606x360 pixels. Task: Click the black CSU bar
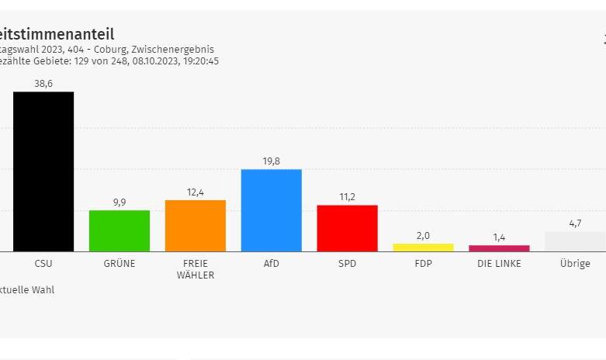[x=43, y=171]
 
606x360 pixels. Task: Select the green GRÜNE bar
[x=119, y=230]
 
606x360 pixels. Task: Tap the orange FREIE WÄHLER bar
[x=196, y=226]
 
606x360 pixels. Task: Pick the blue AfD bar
[x=272, y=210]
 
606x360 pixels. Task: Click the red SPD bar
[x=347, y=228]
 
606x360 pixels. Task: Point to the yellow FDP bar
[x=423, y=247]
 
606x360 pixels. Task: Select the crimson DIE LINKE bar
[x=499, y=248]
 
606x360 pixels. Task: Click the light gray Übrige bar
[x=575, y=241]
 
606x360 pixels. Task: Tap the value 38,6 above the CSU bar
[x=43, y=84]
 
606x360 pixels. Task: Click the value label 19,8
[x=272, y=161]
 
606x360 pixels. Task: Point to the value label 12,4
[x=196, y=192]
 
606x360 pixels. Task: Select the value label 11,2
[x=347, y=197]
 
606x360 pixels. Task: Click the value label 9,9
[x=119, y=202]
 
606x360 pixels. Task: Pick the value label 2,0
[x=423, y=236]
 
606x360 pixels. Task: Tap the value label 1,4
[x=499, y=237]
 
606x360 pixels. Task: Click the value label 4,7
[x=575, y=223]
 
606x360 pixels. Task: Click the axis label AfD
[x=272, y=264]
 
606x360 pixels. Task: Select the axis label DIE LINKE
[x=499, y=264]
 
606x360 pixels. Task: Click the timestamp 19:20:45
[x=199, y=61]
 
